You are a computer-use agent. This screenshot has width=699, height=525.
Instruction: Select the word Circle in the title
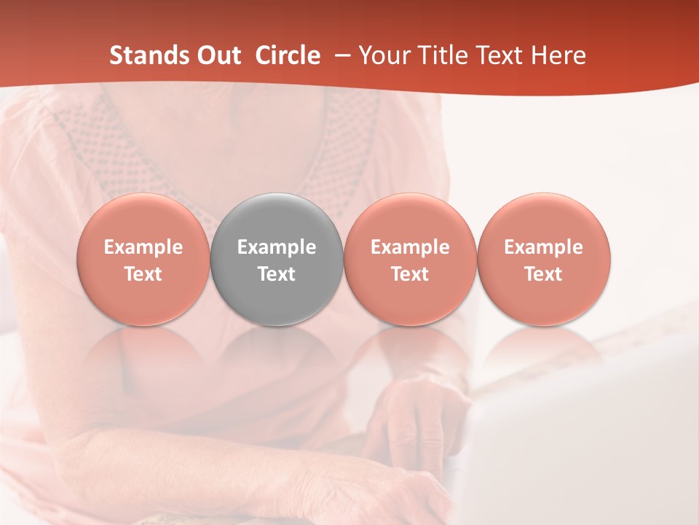288,55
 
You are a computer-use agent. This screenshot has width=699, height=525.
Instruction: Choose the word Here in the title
558,55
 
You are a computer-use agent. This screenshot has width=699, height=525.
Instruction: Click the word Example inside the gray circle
277,247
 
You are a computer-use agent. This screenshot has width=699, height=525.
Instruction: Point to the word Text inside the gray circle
277,274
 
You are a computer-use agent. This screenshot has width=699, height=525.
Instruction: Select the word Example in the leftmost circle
143,247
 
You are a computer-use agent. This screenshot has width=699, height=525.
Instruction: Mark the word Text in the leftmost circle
143,274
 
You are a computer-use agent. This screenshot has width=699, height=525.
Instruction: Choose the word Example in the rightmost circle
544,247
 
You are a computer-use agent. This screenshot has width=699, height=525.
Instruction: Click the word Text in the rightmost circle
544,274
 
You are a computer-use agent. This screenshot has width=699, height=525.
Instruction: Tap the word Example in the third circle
410,247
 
